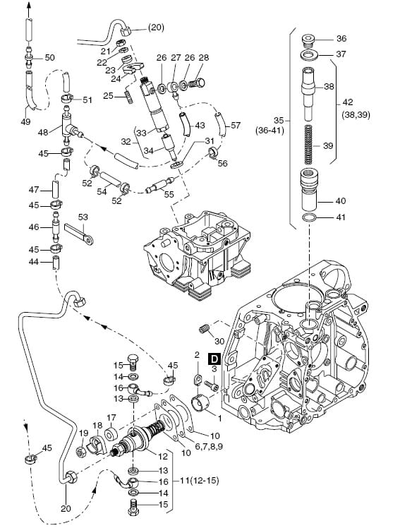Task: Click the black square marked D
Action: pos(214,359)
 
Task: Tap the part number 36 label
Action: pos(341,38)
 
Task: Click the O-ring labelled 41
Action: pos(310,218)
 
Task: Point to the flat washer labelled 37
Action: pos(309,54)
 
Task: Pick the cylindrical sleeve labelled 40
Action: pos(309,190)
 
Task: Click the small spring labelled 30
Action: pos(204,329)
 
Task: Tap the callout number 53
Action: pos(83,217)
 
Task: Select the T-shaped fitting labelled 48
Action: pos(70,126)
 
